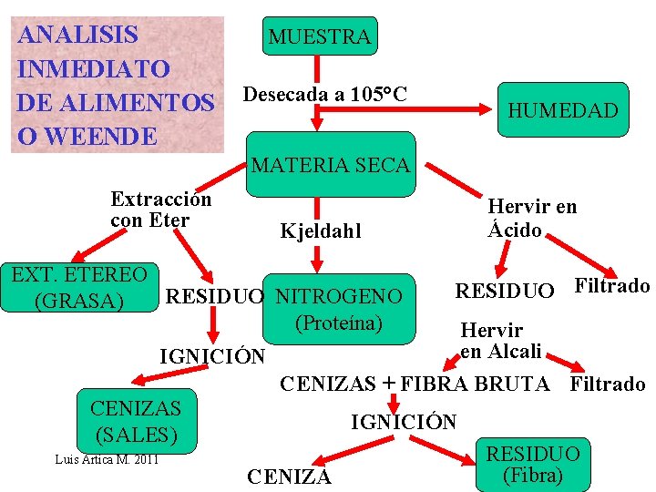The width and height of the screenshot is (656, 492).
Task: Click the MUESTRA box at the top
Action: pyautogui.click(x=319, y=36)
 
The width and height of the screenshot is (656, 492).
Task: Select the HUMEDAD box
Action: pyautogui.click(x=562, y=110)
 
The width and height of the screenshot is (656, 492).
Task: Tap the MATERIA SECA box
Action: pyautogui.click(x=331, y=165)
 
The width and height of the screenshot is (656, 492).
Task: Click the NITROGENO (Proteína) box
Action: pyautogui.click(x=338, y=309)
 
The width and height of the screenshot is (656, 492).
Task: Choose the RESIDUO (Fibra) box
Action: pyautogui.click(x=533, y=463)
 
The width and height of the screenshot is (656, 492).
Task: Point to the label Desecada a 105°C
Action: pyautogui.click(x=324, y=94)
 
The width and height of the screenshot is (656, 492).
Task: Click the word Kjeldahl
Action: pyautogui.click(x=320, y=231)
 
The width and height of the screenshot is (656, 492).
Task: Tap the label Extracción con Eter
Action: pyautogui.click(x=160, y=210)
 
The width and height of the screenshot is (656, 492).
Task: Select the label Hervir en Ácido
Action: pyautogui.click(x=532, y=218)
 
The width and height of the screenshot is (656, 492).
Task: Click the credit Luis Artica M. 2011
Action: pyautogui.click(x=108, y=458)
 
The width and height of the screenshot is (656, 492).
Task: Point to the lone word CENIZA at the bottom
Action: pyautogui.click(x=290, y=477)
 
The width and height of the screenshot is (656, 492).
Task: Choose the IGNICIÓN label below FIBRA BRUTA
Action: pyautogui.click(x=404, y=422)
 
